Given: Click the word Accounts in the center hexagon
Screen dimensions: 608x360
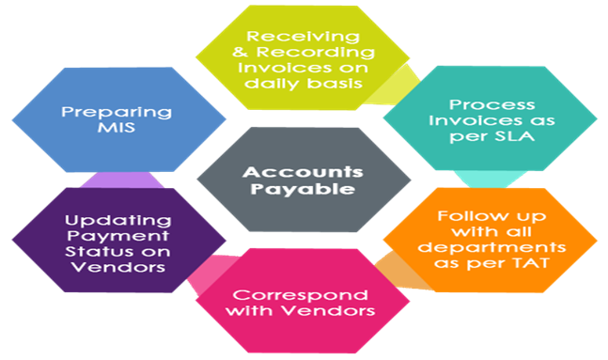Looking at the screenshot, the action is click(x=303, y=172).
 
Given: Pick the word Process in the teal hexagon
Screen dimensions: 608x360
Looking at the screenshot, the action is click(x=461, y=104).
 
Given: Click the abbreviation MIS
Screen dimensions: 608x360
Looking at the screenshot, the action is click(x=108, y=130).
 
